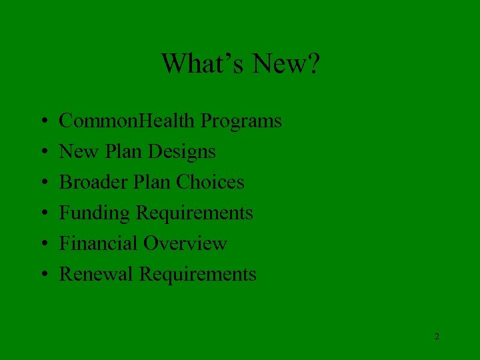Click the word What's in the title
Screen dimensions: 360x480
tap(203, 64)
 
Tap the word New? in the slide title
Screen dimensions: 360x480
tap(287, 64)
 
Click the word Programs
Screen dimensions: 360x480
tap(241, 121)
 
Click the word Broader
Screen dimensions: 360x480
tap(92, 183)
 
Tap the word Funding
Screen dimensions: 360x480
tap(95, 213)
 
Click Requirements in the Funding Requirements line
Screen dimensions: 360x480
tap(195, 213)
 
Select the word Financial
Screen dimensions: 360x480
tap(98, 243)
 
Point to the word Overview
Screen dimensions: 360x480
tap(187, 243)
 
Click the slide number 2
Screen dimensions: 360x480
tap(437, 337)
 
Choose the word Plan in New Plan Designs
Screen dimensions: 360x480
tap(122, 152)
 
